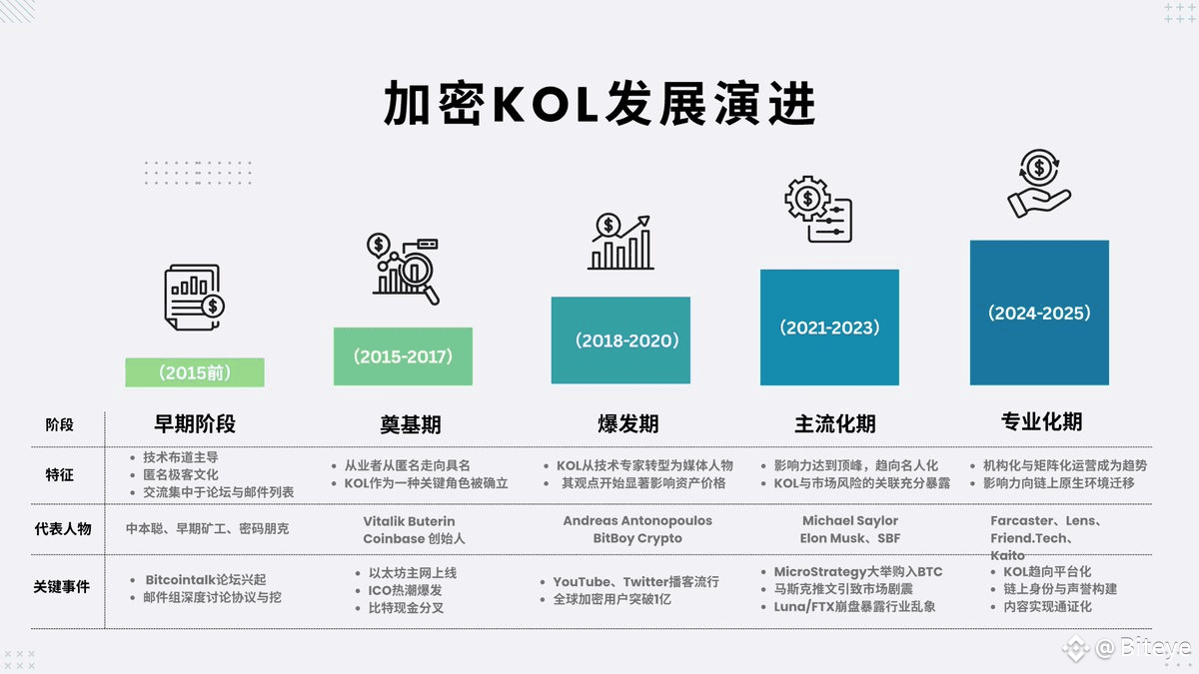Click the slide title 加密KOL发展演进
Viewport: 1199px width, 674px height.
(x=599, y=104)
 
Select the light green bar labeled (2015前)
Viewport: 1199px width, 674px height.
(x=195, y=372)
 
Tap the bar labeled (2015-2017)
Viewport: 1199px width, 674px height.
(x=403, y=356)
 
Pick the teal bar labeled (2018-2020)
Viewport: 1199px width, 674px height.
(x=620, y=340)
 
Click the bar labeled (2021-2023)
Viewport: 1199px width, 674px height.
(x=829, y=328)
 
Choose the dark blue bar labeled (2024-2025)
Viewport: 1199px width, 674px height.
(x=1039, y=313)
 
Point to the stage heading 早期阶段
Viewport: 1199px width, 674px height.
(x=195, y=423)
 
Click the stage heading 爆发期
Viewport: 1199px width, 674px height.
(x=620, y=423)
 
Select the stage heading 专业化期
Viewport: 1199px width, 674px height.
(x=1041, y=421)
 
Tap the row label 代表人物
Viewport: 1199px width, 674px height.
(x=62, y=528)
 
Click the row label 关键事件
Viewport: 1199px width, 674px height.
(x=62, y=586)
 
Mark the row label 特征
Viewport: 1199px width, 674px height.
(x=60, y=474)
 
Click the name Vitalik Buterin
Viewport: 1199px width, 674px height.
(x=410, y=521)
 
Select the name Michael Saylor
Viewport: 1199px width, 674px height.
(x=850, y=520)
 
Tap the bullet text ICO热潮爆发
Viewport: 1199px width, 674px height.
(x=406, y=590)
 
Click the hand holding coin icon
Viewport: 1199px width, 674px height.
(x=1039, y=184)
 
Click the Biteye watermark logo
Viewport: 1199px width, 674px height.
(x=1129, y=648)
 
